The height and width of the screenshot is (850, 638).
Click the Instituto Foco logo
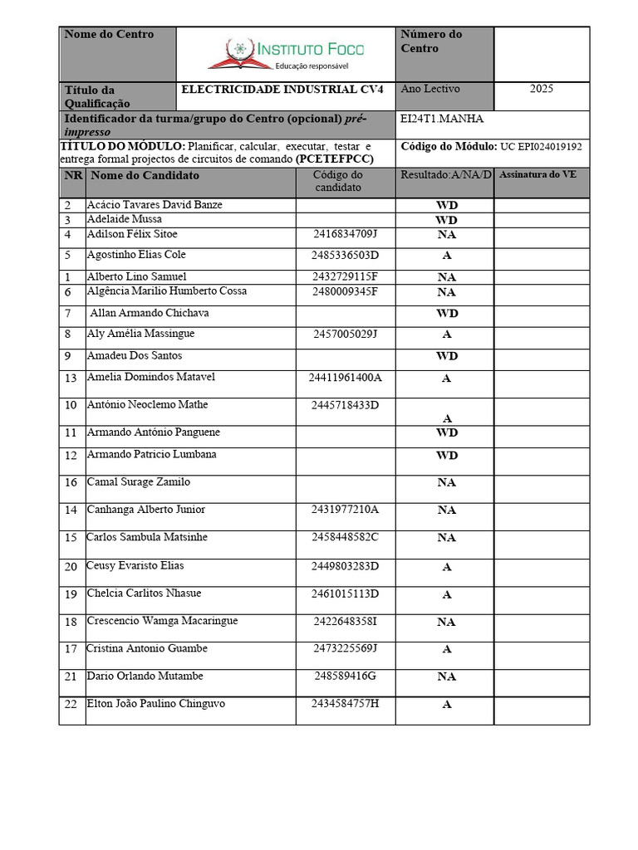point(286,53)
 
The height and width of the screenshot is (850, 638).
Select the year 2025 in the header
point(541,89)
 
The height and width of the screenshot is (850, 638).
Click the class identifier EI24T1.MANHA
point(441,119)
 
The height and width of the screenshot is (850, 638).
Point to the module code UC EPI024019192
point(540,146)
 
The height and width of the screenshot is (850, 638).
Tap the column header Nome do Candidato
point(145,176)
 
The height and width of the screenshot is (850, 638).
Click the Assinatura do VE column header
point(537,175)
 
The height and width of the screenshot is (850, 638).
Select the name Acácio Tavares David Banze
point(155,205)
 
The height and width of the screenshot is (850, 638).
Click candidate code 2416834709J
point(345,235)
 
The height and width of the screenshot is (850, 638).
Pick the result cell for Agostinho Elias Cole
point(446,256)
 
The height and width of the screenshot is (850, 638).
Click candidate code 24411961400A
point(345,378)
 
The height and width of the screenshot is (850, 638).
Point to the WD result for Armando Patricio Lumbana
point(446,456)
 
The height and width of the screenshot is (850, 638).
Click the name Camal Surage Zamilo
point(139,482)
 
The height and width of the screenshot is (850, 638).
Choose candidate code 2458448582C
point(345,538)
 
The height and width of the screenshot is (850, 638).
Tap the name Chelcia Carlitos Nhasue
point(144,594)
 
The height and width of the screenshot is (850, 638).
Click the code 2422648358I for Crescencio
point(345,622)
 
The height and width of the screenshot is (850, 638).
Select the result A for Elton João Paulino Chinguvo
point(446,705)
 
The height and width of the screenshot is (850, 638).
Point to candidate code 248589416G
point(345,677)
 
